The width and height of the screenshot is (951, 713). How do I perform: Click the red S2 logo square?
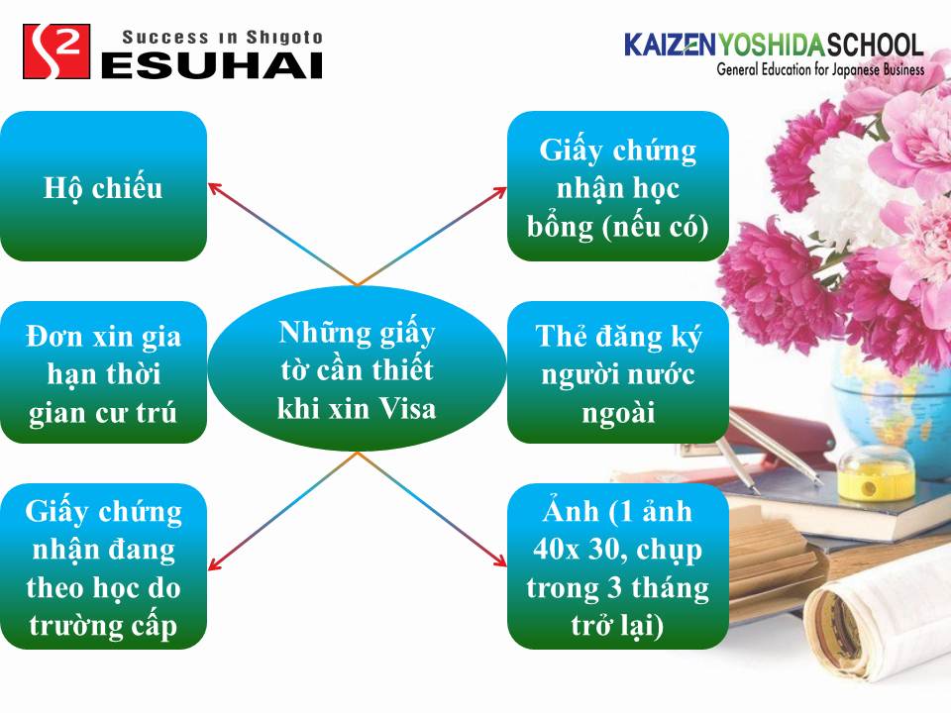56,51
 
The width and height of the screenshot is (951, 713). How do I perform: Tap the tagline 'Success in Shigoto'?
222,38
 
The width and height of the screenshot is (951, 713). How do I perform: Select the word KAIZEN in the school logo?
670,45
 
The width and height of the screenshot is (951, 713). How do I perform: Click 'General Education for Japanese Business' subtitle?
820,69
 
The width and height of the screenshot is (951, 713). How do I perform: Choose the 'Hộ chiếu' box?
103,186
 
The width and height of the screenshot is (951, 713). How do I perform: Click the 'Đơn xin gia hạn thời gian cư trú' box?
103,372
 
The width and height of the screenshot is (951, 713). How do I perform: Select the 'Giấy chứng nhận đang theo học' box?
103,566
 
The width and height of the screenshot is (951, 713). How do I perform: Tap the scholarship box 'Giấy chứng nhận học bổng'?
618,186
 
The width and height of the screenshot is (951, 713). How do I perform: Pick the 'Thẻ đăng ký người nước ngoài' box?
618,372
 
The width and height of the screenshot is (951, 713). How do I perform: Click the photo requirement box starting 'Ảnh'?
618,566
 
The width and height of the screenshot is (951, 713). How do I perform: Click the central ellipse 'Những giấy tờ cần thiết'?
357,368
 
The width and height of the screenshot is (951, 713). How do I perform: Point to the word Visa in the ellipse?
407,409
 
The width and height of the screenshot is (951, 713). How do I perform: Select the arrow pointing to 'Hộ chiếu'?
282,234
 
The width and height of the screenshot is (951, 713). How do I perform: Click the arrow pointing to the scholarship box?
432,236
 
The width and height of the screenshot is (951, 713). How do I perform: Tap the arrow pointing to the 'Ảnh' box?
432,509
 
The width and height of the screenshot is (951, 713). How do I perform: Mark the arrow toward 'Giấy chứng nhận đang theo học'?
282,511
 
